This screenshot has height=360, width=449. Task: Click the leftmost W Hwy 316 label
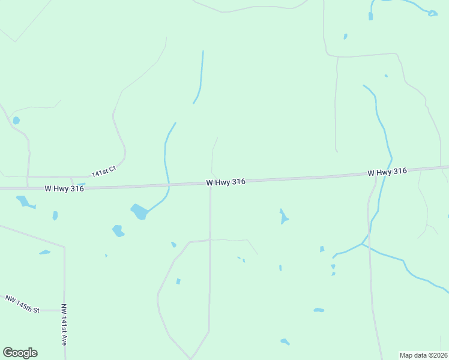64,188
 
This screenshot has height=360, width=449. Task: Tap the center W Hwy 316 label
226,182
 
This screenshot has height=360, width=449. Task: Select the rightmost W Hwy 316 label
388,172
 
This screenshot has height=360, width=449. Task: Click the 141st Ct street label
103,173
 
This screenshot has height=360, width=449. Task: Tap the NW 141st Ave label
64,324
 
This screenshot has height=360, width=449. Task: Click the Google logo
20,353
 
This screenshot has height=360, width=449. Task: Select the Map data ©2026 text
424,355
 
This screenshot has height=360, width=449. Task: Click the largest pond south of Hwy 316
139,211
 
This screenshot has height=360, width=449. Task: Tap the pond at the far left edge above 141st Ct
16,121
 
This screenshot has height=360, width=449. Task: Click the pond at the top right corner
432,13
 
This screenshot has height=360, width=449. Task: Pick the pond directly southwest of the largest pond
118,230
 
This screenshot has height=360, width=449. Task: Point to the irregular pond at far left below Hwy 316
24,202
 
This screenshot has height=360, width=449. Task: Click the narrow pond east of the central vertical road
283,217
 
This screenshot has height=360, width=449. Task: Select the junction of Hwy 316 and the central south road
210,183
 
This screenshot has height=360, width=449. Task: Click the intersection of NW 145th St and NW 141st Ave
64,310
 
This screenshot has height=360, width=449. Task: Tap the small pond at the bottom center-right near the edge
285,341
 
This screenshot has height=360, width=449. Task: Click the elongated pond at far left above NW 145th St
44,252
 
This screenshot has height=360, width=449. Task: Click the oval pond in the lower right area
319,310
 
